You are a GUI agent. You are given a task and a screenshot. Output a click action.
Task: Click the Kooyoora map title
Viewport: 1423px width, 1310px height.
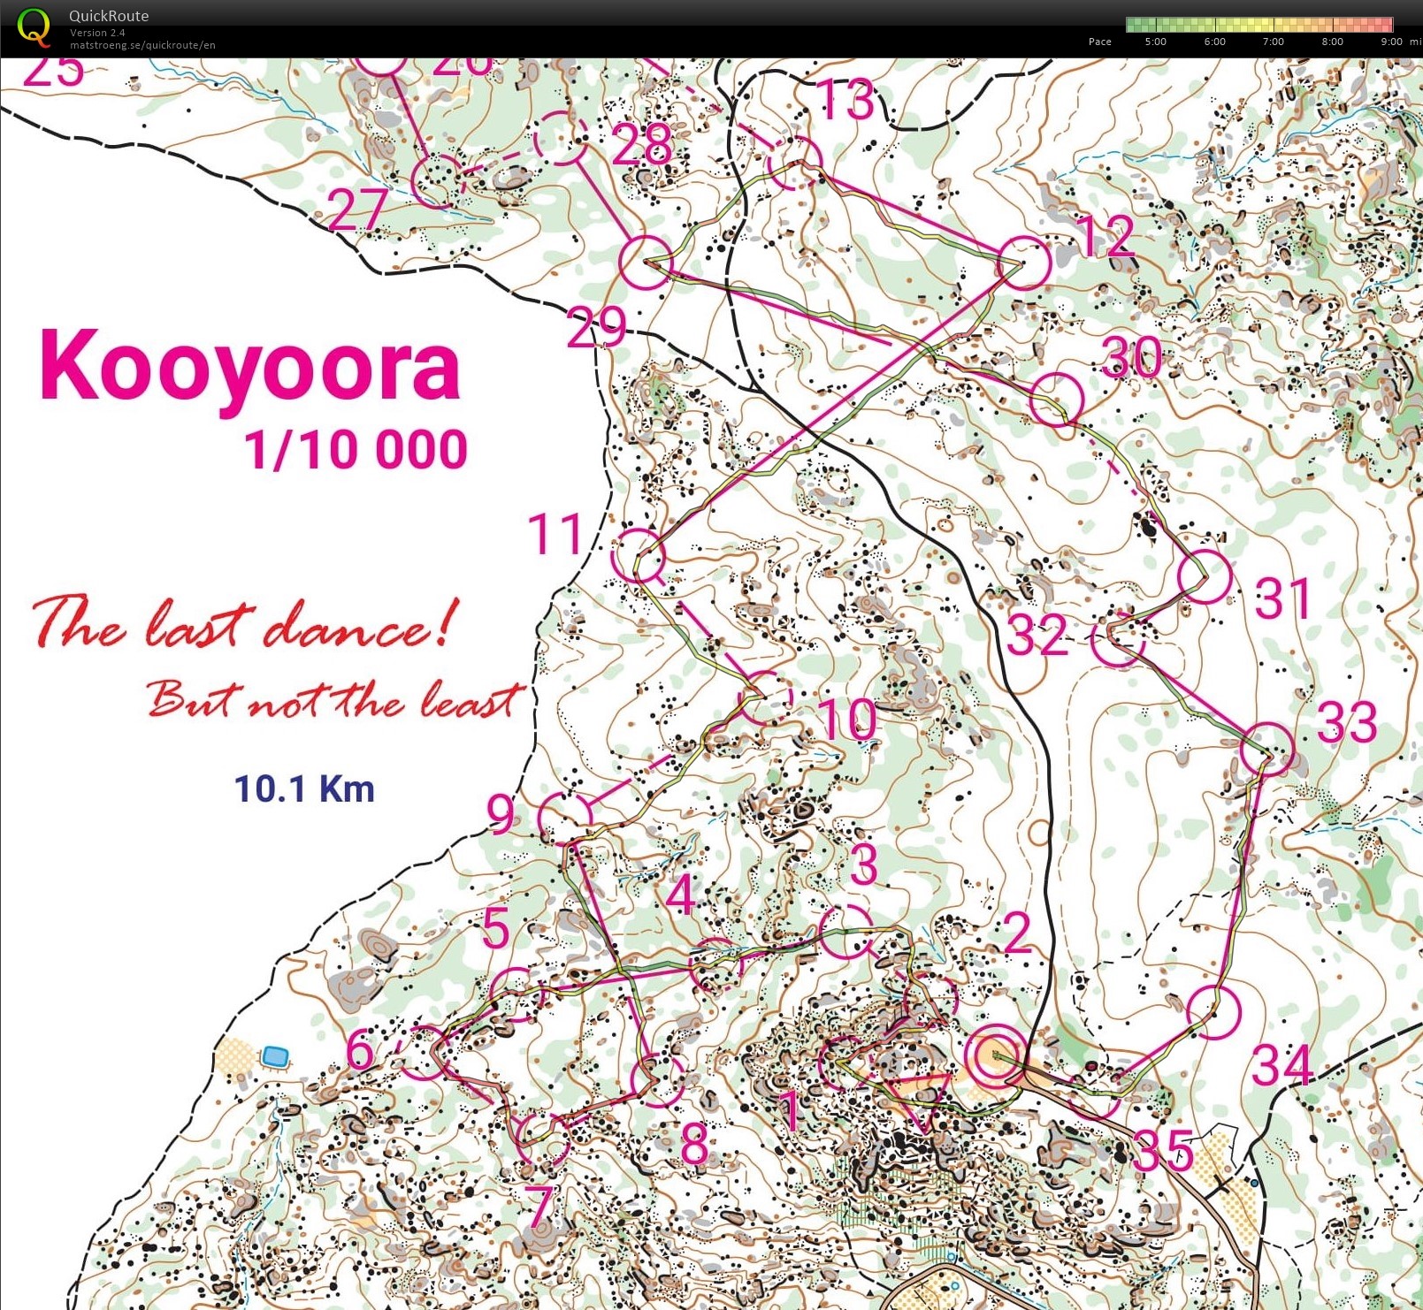[250, 365]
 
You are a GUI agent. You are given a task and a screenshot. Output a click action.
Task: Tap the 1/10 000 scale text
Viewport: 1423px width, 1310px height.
[356, 449]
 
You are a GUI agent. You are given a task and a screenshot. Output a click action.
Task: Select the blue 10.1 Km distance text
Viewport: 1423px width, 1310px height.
[304, 788]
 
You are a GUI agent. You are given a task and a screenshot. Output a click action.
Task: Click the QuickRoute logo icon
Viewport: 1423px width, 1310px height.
[34, 27]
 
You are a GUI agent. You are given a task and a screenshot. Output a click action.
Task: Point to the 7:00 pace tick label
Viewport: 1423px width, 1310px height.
[1273, 42]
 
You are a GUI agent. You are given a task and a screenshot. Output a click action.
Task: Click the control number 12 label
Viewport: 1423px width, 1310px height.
[1105, 236]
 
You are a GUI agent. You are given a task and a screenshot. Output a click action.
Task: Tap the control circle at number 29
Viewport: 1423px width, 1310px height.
[645, 263]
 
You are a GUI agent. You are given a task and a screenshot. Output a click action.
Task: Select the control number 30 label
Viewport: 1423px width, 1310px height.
[1132, 357]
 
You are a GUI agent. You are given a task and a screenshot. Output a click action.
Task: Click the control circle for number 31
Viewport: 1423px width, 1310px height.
[1205, 576]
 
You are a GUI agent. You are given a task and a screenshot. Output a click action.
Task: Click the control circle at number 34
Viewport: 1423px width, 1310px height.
[1214, 1012]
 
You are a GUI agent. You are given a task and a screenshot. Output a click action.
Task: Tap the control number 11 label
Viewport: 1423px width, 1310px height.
[555, 534]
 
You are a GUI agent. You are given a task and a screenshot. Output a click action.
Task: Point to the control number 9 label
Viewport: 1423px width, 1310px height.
[501, 814]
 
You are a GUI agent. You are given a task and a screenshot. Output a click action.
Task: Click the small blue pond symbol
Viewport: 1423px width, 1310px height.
[275, 1055]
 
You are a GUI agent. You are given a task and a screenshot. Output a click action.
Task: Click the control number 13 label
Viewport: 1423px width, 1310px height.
[846, 100]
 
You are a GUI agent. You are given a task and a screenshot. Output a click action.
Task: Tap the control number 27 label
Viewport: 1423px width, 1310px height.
[357, 209]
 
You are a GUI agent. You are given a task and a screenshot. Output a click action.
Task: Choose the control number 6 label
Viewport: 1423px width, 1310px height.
[360, 1051]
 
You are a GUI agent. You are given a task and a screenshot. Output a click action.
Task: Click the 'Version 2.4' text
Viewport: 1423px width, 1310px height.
[97, 33]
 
